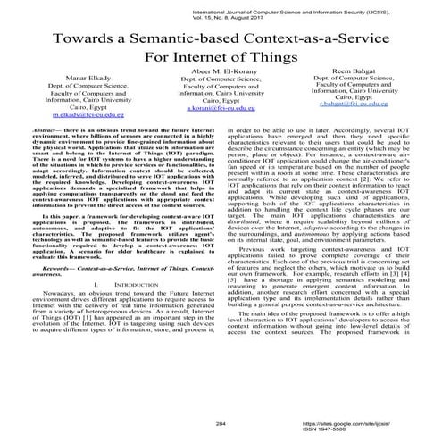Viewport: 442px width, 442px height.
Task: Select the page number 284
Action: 221,424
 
